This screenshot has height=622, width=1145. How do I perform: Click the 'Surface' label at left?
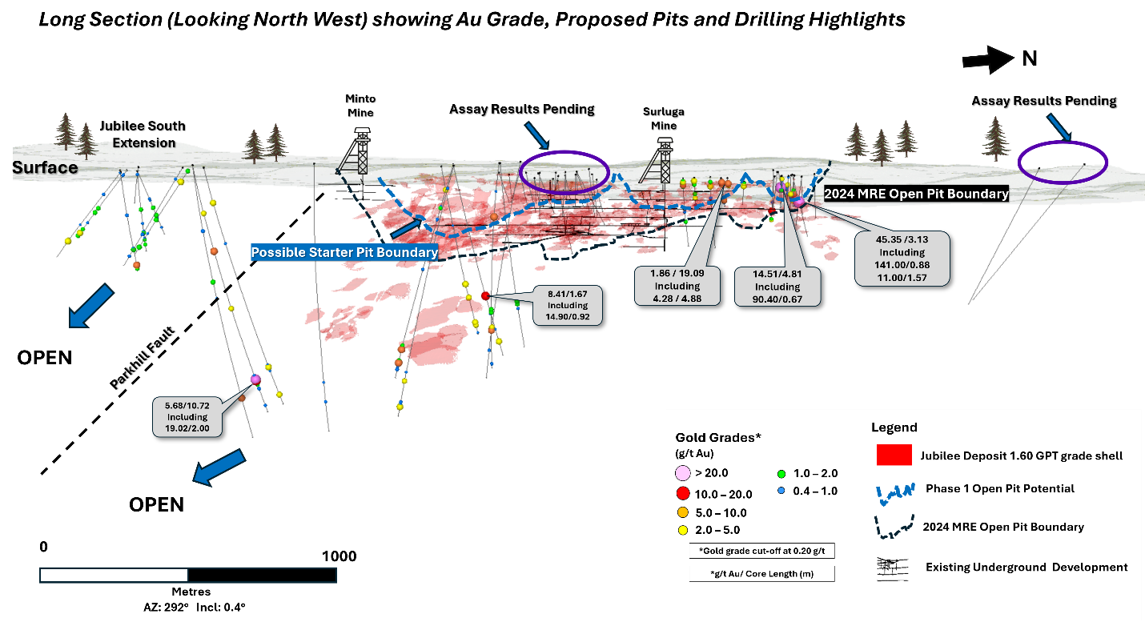[x=45, y=168]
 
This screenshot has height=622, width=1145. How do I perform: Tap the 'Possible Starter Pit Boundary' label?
[x=344, y=252]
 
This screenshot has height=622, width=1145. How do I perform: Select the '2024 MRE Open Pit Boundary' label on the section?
[x=916, y=194]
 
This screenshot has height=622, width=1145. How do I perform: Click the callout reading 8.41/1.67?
[x=568, y=305]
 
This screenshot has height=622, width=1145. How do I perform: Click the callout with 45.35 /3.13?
[x=902, y=259]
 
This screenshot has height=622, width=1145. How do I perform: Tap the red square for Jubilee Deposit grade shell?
[x=894, y=455]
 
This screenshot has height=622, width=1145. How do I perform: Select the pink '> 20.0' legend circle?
[x=683, y=473]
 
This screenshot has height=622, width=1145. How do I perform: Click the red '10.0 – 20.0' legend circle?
[x=683, y=493]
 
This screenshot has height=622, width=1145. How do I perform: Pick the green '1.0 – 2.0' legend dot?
[x=781, y=473]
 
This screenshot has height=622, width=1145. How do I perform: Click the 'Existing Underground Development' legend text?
[x=1026, y=567]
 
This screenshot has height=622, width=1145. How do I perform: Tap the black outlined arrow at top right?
[x=988, y=60]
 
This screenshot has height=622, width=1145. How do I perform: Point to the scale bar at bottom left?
[x=187, y=575]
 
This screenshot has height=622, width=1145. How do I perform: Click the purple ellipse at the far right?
[x=1063, y=162]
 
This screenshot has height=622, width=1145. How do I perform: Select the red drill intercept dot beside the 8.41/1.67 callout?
[x=485, y=296]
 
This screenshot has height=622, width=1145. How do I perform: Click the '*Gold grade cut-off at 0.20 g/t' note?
[x=761, y=551]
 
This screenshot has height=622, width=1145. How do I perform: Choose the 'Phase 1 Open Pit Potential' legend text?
[x=1000, y=488]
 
